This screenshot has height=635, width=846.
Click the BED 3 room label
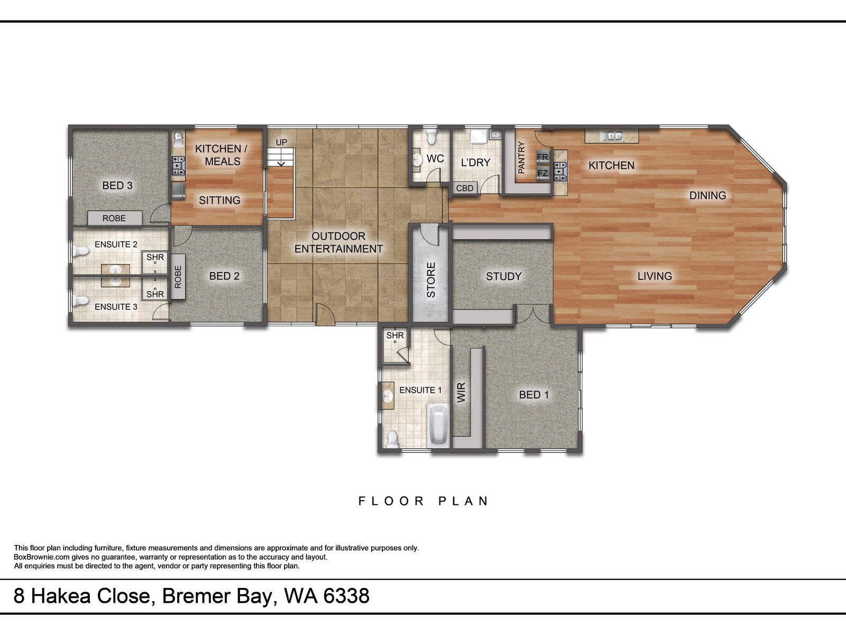point(117,185)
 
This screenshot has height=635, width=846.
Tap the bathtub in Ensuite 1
point(438,425)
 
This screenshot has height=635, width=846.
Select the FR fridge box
point(542,157)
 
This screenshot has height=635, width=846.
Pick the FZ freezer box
point(542,173)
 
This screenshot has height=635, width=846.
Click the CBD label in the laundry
point(464,188)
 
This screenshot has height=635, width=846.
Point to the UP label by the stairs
point(281,142)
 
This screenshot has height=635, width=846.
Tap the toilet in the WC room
point(431,137)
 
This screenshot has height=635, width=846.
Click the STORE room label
point(431,280)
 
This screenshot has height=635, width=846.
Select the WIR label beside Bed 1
point(461,393)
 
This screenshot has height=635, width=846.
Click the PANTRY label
point(521,157)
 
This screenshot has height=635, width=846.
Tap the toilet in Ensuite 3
point(81,301)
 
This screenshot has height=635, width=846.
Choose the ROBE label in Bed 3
point(114,218)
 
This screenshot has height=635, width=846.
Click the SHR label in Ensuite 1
point(395,335)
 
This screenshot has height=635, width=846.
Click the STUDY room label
point(503,276)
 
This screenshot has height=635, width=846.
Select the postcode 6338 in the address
point(346,596)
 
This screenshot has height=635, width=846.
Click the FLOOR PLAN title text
point(424,501)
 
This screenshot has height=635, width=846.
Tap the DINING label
point(707,195)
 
